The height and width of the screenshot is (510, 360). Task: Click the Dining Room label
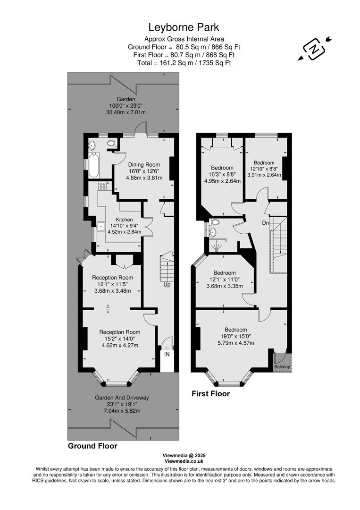click(x=144, y=164)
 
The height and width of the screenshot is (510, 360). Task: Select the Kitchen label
click(x=125, y=220)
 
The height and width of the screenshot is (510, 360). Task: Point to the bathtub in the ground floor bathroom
click(x=93, y=164)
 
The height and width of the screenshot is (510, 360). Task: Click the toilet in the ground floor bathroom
click(x=111, y=143)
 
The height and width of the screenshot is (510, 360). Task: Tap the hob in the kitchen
click(x=102, y=186)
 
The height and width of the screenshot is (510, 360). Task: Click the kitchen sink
click(x=101, y=227)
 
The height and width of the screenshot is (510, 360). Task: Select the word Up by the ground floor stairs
click(x=167, y=285)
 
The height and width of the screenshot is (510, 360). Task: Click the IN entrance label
click(x=167, y=354)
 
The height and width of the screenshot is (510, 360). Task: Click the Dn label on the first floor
click(x=266, y=222)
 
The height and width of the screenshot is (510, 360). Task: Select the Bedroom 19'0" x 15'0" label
click(x=235, y=330)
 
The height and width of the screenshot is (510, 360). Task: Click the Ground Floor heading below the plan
click(x=92, y=445)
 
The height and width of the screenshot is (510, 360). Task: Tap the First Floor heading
click(x=210, y=393)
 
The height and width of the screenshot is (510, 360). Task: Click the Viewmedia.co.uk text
click(x=184, y=461)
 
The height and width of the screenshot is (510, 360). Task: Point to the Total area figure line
click(x=184, y=62)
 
